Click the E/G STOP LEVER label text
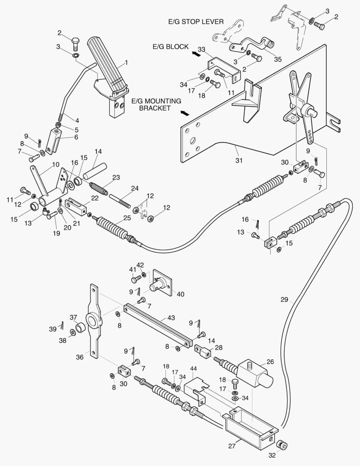196,22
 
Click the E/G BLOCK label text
171,47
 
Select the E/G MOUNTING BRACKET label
156,104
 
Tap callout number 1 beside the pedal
126,63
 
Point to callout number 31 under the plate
239,161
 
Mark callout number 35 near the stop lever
278,59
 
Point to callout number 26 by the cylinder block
269,362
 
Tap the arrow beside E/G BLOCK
196,54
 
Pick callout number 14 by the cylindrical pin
98,151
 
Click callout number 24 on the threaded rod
135,188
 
